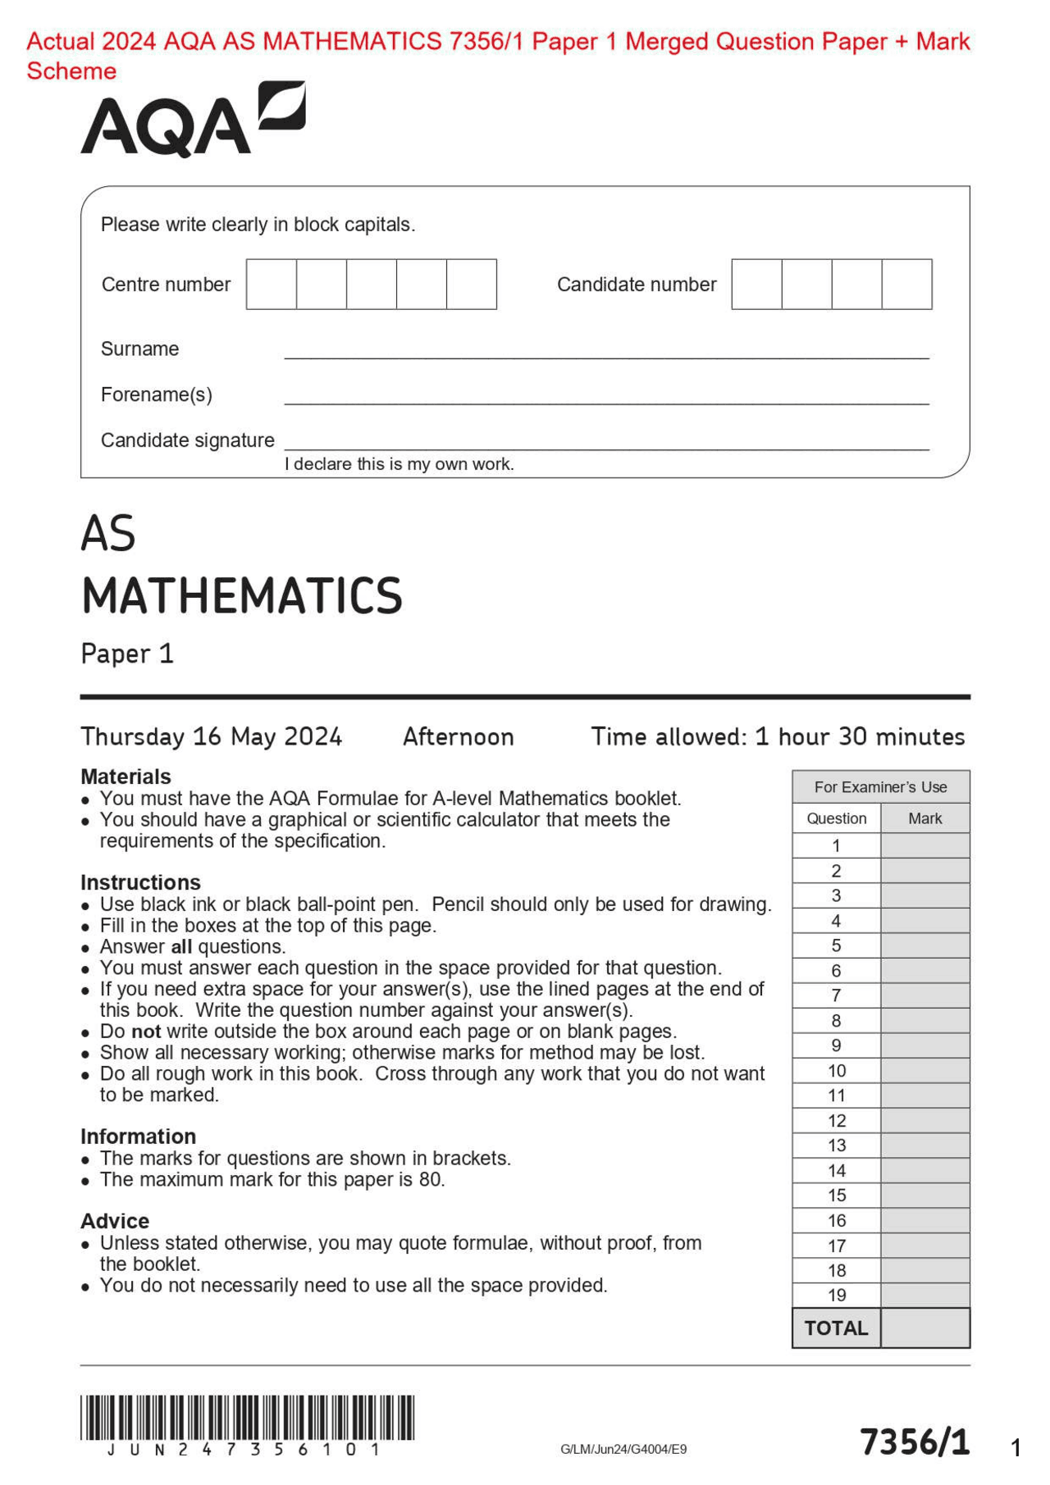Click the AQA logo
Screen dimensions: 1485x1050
192,120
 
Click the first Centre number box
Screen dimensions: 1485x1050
272,285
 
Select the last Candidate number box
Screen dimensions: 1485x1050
906,285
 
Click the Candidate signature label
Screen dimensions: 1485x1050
187,440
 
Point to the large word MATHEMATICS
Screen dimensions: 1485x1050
242,596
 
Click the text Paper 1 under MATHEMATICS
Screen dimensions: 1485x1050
127,654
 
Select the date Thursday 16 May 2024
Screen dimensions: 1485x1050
211,736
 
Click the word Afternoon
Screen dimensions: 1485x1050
458,736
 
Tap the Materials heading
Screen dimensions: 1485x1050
126,777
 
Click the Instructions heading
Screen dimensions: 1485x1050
140,882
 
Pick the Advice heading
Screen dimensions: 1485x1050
115,1221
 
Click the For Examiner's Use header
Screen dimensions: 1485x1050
880,787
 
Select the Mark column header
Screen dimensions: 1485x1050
924,818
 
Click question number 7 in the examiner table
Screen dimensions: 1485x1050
836,995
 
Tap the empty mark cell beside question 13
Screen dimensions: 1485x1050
924,1146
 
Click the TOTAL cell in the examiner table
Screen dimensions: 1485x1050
836,1328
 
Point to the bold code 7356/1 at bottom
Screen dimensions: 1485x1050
915,1442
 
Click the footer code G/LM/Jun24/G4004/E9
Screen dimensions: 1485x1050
623,1450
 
